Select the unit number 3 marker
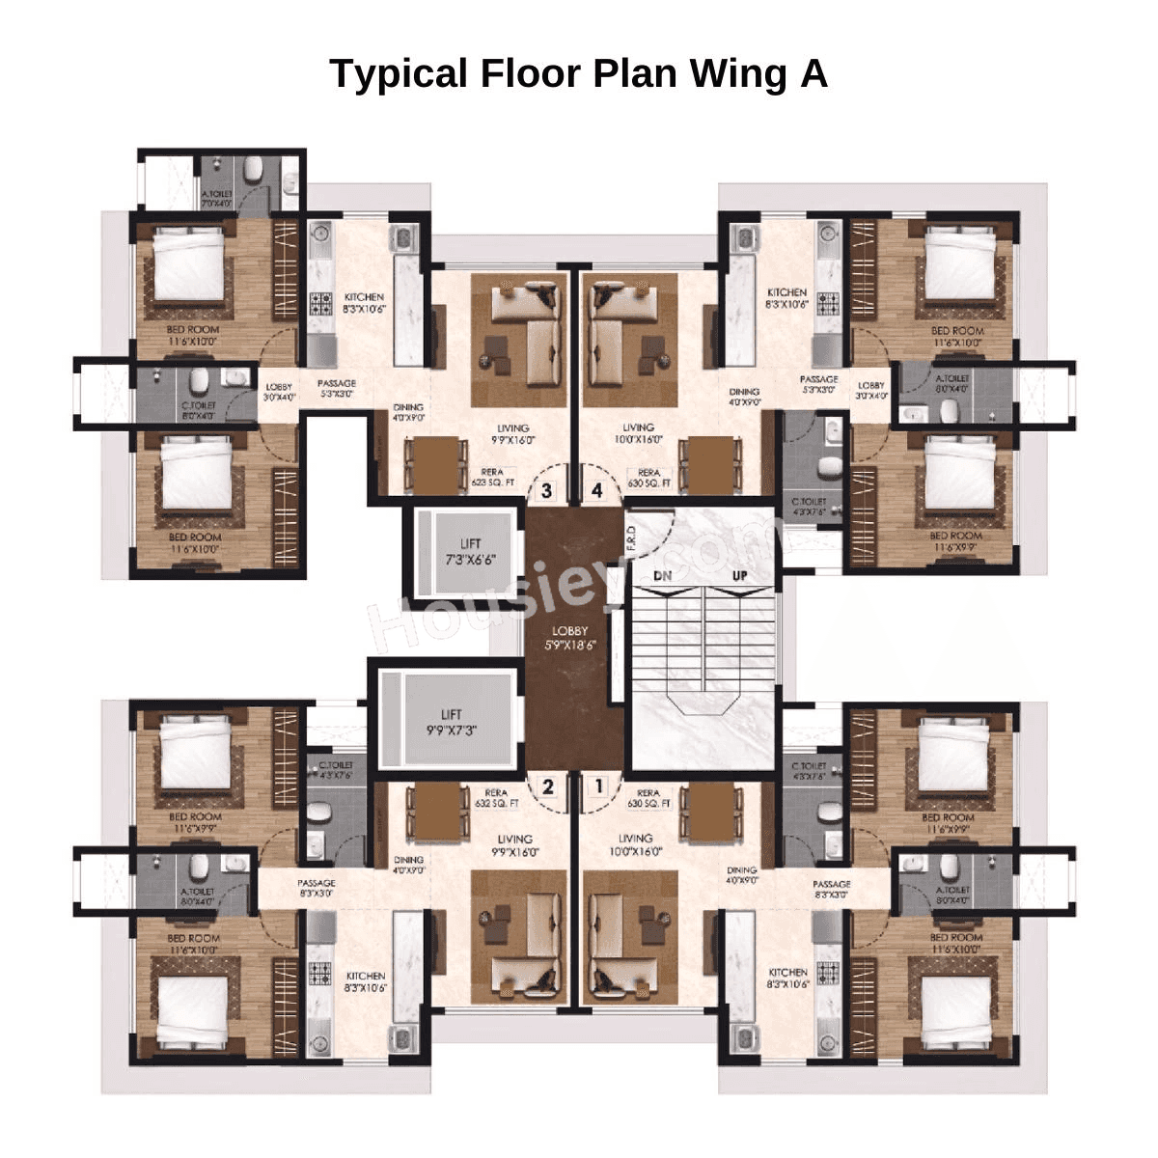[x=547, y=490]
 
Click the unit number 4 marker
[x=597, y=490]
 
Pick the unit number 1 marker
[x=599, y=786]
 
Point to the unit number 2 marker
[x=548, y=786]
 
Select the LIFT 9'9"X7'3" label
[x=451, y=722]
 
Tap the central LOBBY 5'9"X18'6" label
[x=569, y=638]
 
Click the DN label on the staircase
[x=662, y=575]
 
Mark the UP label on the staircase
[x=739, y=575]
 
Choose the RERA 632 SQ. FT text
[x=497, y=797]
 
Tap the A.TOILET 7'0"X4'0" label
[x=217, y=199]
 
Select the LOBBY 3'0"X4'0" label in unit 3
[x=279, y=391]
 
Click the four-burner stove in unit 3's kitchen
[x=320, y=306]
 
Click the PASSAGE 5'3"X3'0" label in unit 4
[x=818, y=384]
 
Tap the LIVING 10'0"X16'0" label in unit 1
[x=636, y=844]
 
